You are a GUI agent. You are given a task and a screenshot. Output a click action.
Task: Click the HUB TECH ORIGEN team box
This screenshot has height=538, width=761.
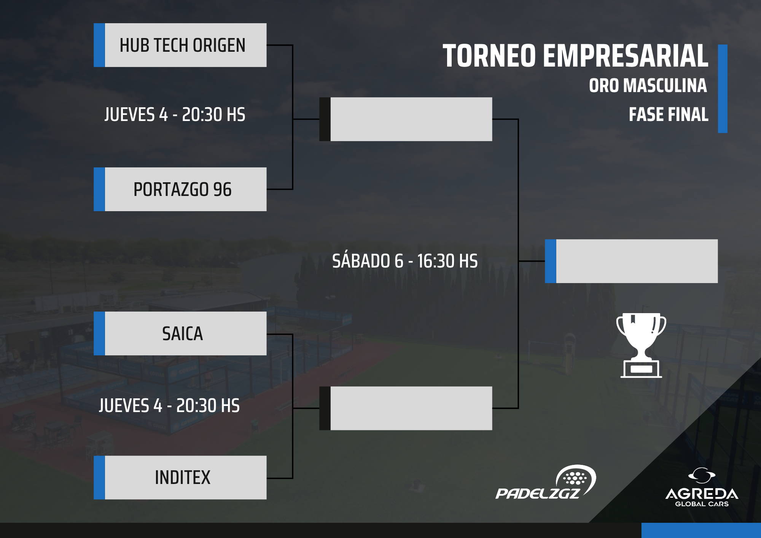click(180, 45)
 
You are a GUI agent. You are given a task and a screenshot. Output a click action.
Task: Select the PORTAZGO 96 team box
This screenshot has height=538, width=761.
click(180, 189)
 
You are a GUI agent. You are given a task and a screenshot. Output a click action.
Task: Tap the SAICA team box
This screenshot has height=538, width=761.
click(180, 333)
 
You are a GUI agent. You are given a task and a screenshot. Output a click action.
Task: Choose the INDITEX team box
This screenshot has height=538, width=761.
click(180, 478)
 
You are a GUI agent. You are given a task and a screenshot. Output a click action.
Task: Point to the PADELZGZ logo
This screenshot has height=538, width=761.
click(546, 482)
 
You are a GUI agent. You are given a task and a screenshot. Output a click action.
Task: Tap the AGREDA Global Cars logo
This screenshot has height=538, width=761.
click(702, 487)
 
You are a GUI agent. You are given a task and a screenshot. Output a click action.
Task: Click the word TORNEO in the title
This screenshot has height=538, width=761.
click(490, 56)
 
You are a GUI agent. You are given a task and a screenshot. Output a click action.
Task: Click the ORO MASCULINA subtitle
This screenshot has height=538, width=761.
click(648, 85)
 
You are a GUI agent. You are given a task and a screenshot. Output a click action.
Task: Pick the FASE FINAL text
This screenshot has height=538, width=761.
click(669, 114)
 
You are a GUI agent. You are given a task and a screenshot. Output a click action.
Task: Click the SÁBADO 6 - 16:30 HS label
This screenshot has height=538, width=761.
click(405, 261)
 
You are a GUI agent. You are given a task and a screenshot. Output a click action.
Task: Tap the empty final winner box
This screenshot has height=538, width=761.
click(631, 261)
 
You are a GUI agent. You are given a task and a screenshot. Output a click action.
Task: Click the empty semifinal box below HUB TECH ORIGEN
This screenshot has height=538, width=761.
click(406, 119)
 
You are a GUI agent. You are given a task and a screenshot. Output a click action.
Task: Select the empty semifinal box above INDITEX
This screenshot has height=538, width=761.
click(406, 408)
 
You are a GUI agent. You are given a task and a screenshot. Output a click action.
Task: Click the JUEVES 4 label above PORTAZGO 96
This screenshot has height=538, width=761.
click(175, 115)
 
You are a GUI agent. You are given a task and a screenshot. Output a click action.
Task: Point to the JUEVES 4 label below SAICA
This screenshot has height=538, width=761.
click(169, 406)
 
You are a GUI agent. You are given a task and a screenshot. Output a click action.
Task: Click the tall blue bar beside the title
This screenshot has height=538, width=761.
click(723, 89)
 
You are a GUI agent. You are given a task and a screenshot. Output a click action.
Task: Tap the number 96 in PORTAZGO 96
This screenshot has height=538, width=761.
click(222, 189)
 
